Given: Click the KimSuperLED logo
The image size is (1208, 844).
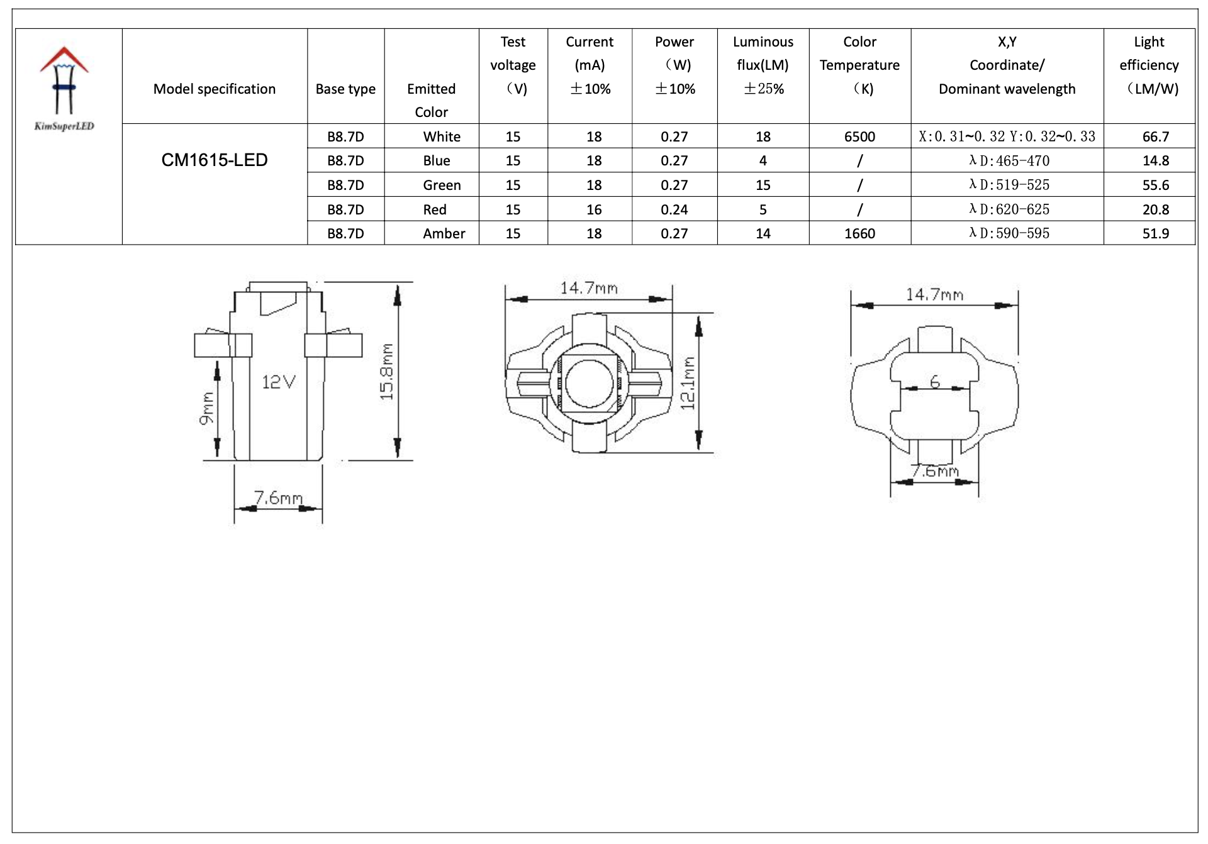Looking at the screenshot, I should click(x=64, y=88).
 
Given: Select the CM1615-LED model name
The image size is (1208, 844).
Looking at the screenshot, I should click(x=215, y=160).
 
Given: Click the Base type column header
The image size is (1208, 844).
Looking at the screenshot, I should click(x=345, y=89).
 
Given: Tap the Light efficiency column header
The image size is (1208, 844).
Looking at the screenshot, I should click(x=1149, y=65).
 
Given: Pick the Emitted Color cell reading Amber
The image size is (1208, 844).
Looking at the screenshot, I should click(x=444, y=234).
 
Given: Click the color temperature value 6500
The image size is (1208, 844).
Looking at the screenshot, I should click(x=859, y=137).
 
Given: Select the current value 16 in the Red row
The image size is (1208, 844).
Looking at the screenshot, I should click(x=594, y=210).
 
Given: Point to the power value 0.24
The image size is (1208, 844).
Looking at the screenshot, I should click(x=674, y=210).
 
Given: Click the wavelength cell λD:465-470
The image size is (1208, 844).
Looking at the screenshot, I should click(x=1009, y=161).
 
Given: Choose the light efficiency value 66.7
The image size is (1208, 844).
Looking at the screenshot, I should click(x=1155, y=137).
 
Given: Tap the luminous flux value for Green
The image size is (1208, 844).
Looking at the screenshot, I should click(x=763, y=186).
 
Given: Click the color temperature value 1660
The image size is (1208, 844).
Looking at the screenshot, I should click(x=859, y=234).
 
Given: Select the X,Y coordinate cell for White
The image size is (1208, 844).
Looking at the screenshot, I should click(x=1007, y=137).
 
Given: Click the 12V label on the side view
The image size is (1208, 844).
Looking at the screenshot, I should click(x=278, y=382).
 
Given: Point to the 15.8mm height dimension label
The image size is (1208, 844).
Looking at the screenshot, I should click(x=387, y=372).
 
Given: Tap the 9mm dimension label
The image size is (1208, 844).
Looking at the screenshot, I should click(x=207, y=409).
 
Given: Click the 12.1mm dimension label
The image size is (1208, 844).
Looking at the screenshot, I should click(x=688, y=384).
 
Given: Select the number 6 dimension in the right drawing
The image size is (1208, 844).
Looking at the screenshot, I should click(x=935, y=382).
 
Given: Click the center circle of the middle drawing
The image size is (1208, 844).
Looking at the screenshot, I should click(x=589, y=383).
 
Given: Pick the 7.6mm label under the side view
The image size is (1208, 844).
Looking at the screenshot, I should click(x=278, y=498).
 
